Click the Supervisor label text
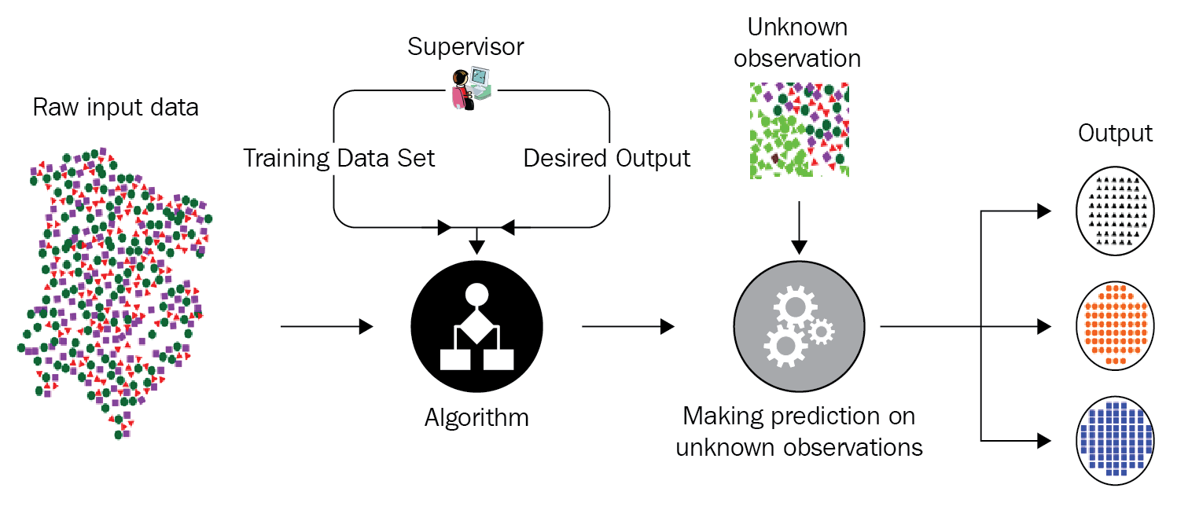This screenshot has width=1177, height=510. point(465,47)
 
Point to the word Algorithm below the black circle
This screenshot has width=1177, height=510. point(476,416)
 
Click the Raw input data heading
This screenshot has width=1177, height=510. point(116,108)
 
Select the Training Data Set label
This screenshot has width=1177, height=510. point(339,158)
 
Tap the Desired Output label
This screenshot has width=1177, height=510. point(607,158)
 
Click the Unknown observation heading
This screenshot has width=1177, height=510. point(797,42)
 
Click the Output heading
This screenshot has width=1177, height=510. point(1115,133)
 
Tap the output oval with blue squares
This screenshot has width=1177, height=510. point(1116,438)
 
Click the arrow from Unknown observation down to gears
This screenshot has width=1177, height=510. point(799,227)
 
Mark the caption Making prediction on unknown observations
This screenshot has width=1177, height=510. point(799,431)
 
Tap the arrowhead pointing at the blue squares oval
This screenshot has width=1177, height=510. point(1044,438)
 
